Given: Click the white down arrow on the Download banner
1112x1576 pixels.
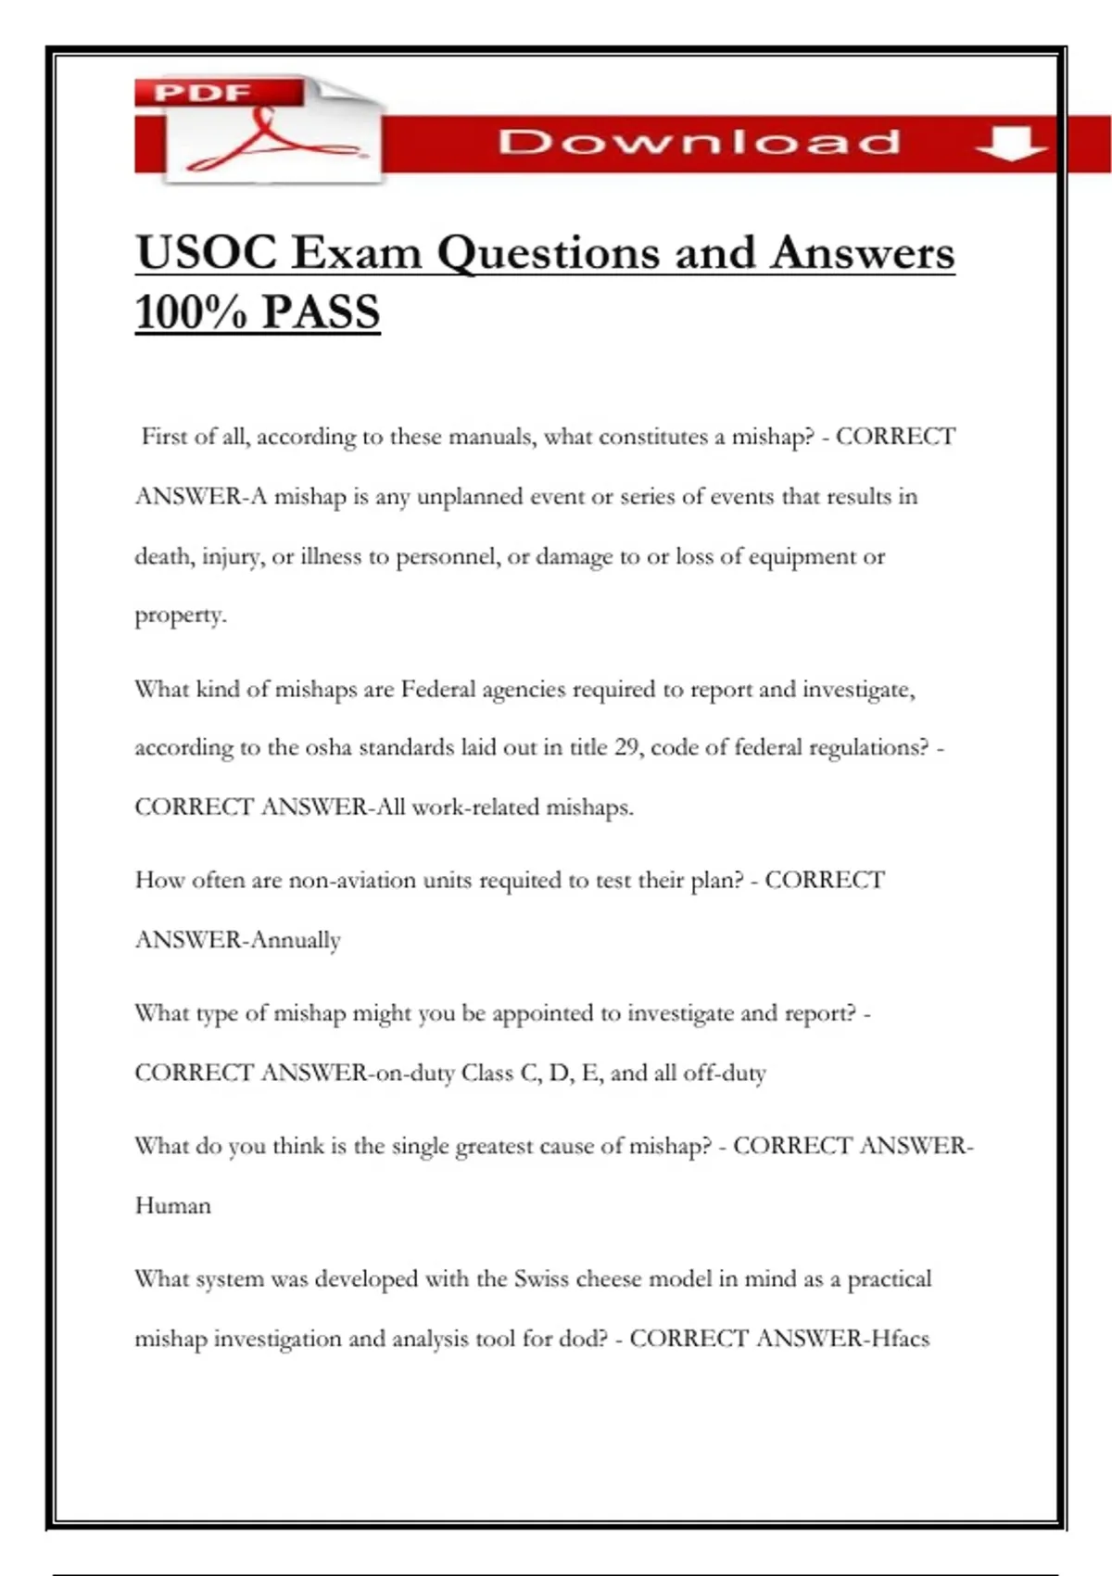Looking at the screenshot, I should coord(1011,144).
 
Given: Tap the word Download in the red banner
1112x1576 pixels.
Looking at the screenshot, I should coord(700,142).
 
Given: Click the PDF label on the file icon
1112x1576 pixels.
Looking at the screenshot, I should coord(203,93).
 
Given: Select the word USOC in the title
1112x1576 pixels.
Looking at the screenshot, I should coord(206,253).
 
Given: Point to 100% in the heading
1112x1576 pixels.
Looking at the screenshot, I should coord(191,311).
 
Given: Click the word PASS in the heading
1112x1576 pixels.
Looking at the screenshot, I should coord(321,311).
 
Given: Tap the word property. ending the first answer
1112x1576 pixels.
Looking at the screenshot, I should coord(181,616).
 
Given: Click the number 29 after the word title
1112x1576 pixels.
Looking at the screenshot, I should coord(627,747).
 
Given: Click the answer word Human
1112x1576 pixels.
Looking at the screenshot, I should coord(173,1205).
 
